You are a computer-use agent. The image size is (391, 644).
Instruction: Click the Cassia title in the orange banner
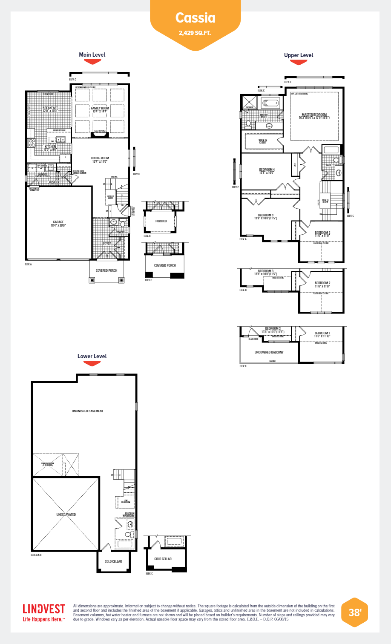(195, 18)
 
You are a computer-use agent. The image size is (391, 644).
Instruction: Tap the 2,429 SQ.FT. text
(195, 33)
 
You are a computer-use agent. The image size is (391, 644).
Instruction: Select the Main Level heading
(92, 55)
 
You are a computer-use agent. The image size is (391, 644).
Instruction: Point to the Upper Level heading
(299, 55)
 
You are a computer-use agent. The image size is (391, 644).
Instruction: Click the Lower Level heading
(92, 356)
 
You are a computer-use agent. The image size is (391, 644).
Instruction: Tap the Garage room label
(58, 223)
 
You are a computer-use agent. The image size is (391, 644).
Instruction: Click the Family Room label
(100, 109)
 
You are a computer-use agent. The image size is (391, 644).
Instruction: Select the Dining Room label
(100, 160)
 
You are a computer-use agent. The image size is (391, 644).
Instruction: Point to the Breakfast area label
(50, 109)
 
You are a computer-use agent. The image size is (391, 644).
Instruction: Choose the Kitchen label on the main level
(50, 148)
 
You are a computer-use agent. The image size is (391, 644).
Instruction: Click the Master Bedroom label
(314, 116)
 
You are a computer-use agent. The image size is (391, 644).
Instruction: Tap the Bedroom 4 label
(267, 171)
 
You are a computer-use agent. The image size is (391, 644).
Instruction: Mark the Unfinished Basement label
(87, 411)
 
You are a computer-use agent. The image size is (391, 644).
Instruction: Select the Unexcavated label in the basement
(66, 515)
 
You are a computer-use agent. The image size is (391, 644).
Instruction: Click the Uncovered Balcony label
(269, 352)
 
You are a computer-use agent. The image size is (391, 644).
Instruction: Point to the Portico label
(161, 221)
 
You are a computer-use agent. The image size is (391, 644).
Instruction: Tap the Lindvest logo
(44, 612)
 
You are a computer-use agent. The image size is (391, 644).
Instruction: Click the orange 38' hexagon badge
(354, 612)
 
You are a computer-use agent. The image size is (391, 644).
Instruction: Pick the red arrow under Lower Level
(92, 364)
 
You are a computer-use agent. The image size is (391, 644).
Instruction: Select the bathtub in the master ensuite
(270, 103)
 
